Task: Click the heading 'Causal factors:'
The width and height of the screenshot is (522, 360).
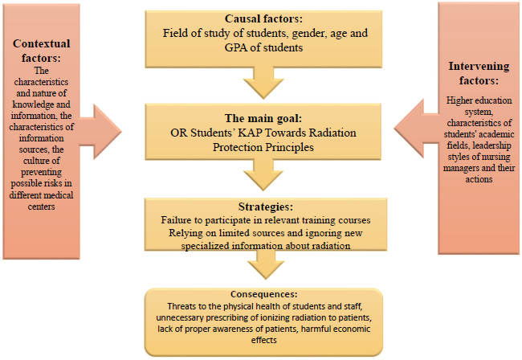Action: pos(263,18)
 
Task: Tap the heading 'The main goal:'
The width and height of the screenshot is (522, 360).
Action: pos(263,118)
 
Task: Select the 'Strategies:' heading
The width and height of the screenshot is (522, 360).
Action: pos(266,207)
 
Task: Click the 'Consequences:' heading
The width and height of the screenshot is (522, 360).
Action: pos(263,294)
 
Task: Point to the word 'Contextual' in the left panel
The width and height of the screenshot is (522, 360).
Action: pos(42,43)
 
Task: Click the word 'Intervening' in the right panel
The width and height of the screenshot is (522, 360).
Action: pos(479,66)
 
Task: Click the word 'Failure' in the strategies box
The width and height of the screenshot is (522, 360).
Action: pos(173,220)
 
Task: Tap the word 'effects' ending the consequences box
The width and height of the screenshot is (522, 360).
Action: pos(264,340)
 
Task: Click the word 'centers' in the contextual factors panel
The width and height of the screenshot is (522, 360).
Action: pos(41,207)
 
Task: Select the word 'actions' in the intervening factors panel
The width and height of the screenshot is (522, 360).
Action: pos(479,179)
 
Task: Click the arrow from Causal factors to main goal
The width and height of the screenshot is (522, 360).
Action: pos(263,83)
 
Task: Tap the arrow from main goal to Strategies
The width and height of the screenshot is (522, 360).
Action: pos(263,174)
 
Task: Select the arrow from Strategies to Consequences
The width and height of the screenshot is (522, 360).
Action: pos(266,264)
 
